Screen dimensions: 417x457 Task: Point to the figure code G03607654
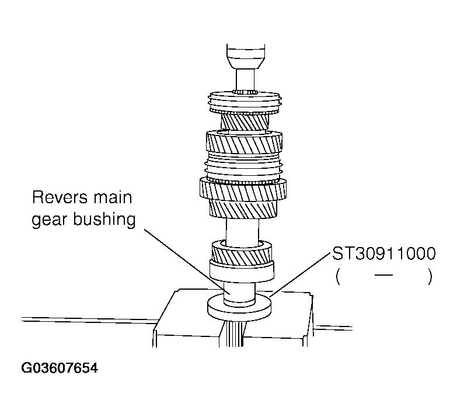[60, 369]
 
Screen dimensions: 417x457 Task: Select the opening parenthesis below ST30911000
[339, 276]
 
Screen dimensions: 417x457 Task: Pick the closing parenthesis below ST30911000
[430, 276]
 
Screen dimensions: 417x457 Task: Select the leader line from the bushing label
[181, 257]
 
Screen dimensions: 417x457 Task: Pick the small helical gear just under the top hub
[244, 122]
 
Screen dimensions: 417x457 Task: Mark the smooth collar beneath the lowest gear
[241, 270]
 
